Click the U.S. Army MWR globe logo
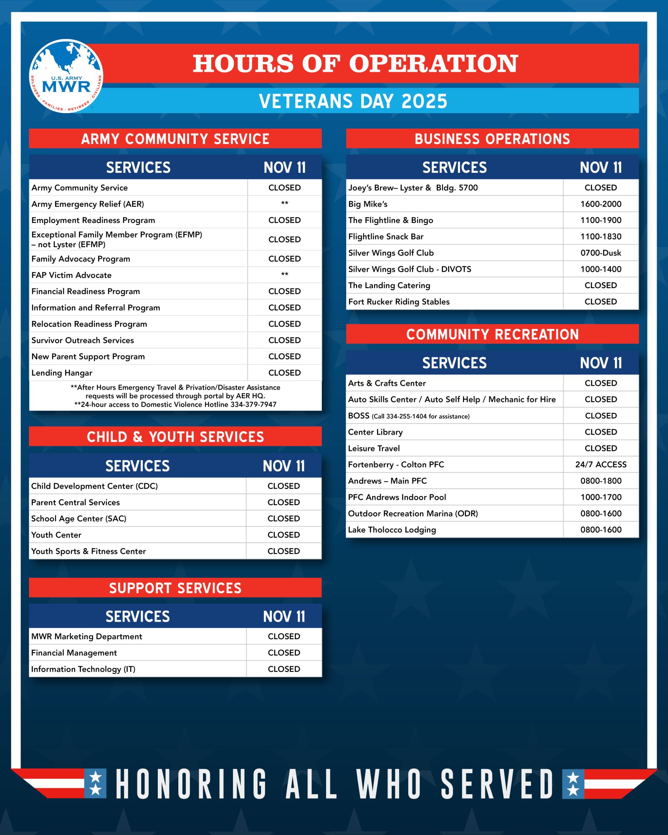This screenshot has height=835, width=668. (66, 76)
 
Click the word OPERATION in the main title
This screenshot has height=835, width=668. (433, 63)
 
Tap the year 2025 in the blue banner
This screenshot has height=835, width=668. (424, 101)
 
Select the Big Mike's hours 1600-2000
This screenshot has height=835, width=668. (600, 204)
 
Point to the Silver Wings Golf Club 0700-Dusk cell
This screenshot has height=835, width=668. (600, 253)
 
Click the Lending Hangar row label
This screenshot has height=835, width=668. (62, 373)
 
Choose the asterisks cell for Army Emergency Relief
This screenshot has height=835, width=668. (284, 204)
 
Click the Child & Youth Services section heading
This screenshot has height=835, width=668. (175, 437)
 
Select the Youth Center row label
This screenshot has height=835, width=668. (56, 535)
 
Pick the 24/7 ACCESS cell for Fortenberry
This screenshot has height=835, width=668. (600, 465)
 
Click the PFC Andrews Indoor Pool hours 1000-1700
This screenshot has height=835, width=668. (600, 497)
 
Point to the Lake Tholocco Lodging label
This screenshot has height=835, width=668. (392, 530)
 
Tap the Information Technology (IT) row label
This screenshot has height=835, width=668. (83, 669)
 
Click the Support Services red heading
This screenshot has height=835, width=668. (175, 588)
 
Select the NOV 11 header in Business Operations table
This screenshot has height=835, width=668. (600, 168)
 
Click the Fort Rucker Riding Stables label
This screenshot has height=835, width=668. (399, 302)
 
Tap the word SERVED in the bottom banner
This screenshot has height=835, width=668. (497, 784)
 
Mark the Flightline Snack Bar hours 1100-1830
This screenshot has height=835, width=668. (600, 237)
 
